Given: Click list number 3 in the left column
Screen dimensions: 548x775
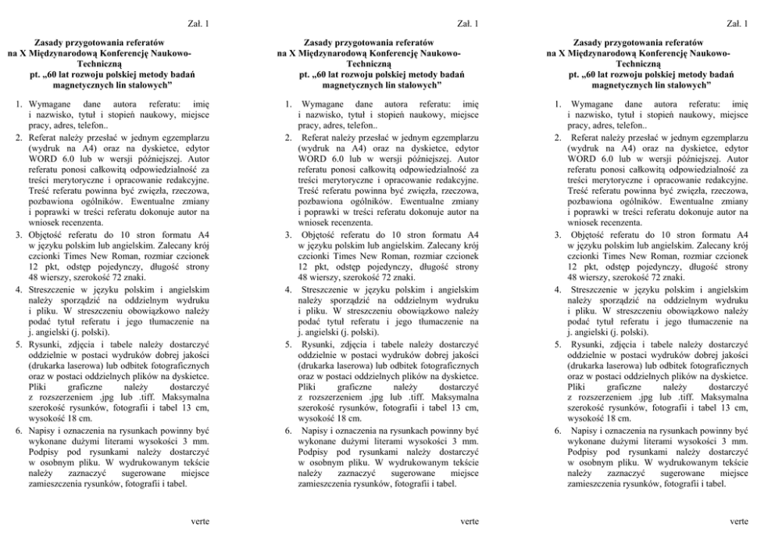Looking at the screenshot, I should (19, 235).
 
